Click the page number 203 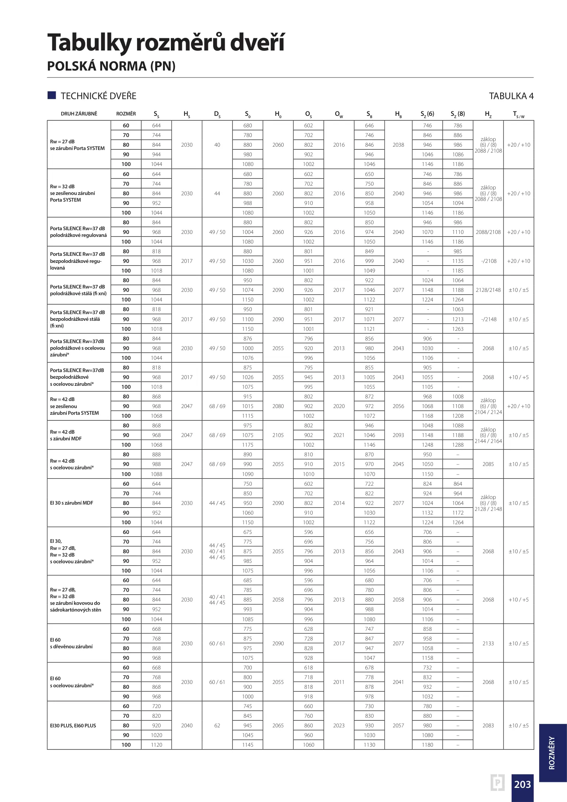522,784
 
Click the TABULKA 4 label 511,96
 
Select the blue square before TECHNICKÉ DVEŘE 52,95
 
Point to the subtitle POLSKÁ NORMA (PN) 111,66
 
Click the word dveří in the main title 257,42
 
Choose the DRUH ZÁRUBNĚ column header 79,114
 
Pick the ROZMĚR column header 126,114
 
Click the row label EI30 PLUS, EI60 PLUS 73,726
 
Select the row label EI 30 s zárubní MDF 71,503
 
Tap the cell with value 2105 278,435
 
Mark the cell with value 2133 488,643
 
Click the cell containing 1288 458,445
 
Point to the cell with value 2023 339,726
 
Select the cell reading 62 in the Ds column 217,726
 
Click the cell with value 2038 398,145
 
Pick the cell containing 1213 458,319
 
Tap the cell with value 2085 488,464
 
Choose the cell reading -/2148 488,319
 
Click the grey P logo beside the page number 498,783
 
